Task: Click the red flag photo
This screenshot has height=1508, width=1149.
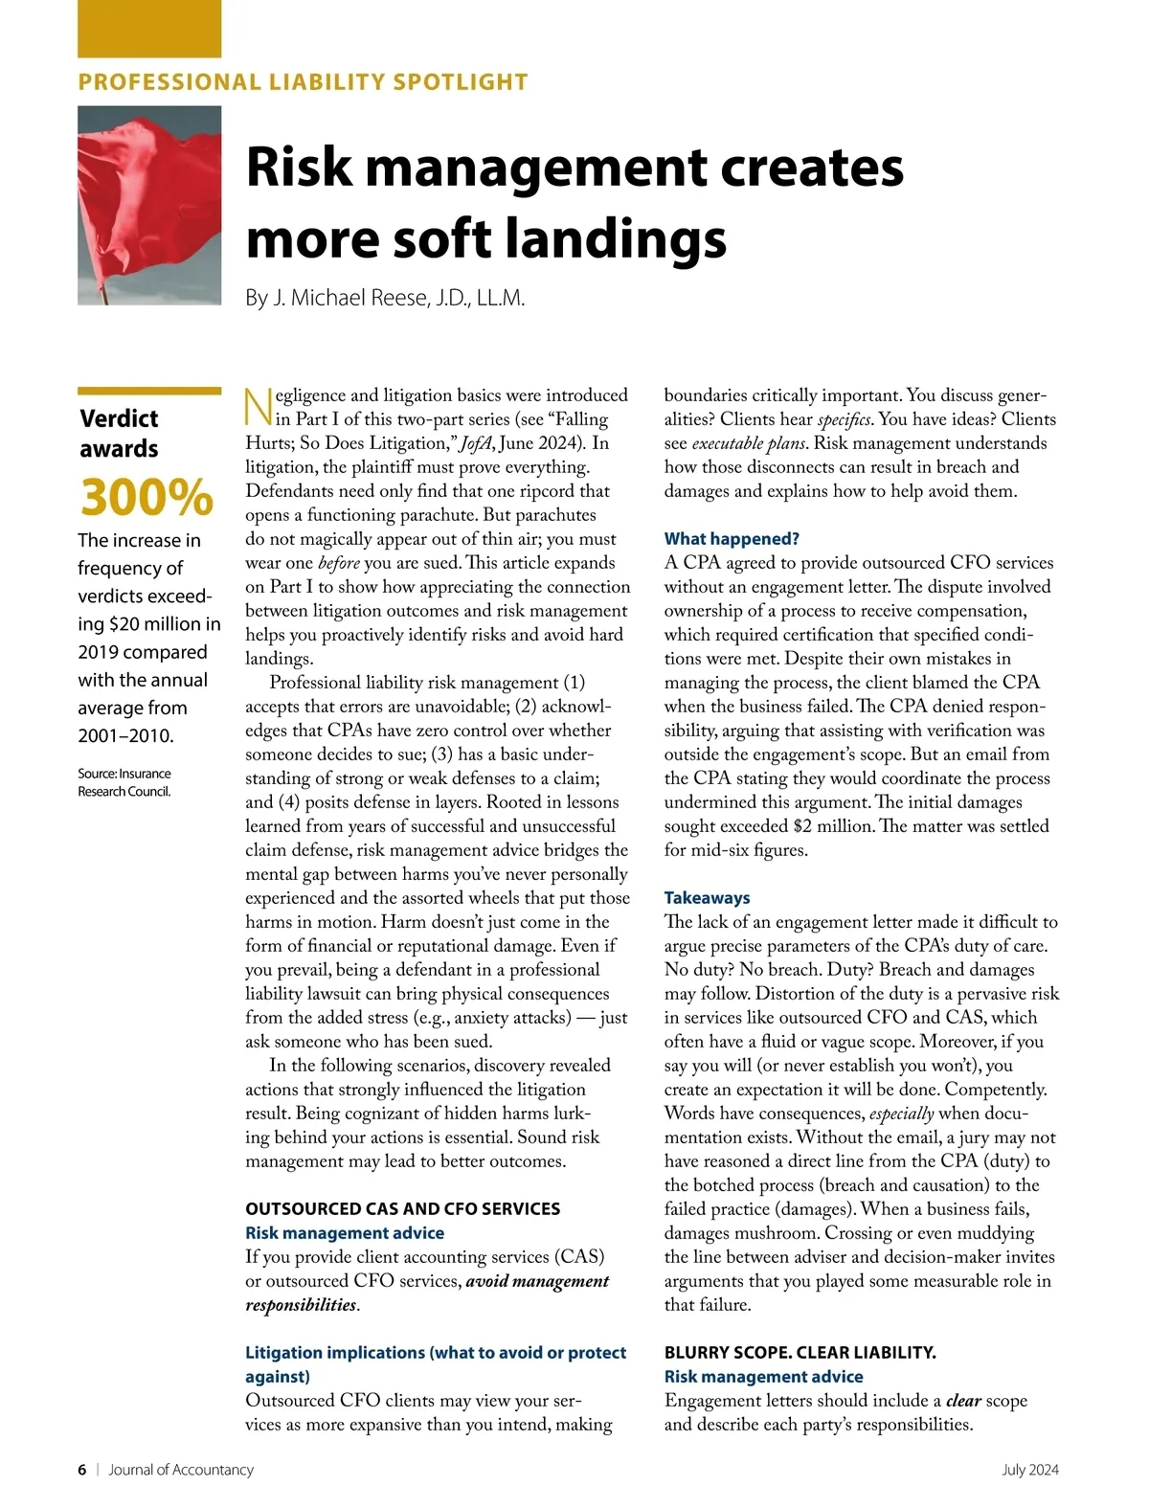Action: click(149, 205)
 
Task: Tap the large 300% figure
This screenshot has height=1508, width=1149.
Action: click(146, 497)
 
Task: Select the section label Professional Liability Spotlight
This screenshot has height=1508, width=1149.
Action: click(303, 82)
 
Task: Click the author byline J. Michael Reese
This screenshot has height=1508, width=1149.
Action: click(385, 298)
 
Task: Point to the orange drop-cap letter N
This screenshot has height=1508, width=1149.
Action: click(259, 406)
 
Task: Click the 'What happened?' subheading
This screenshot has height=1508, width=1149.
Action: click(732, 539)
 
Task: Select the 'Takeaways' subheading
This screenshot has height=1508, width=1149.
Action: click(707, 898)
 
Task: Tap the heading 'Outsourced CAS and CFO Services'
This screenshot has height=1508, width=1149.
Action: click(402, 1209)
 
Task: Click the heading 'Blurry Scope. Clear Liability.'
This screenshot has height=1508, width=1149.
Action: click(800, 1353)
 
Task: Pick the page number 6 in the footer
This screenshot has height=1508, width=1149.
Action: click(82, 1470)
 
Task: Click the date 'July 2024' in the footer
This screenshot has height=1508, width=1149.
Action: click(1030, 1470)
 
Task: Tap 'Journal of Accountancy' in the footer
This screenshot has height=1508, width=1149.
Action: click(181, 1470)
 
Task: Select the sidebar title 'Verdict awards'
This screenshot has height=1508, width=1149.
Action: click(120, 433)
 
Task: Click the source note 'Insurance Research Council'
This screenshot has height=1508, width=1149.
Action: click(124, 782)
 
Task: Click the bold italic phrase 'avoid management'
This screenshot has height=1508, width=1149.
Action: click(537, 1281)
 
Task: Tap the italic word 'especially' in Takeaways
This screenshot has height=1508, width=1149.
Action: click(901, 1114)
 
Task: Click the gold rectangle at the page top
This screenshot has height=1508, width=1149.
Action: click(149, 29)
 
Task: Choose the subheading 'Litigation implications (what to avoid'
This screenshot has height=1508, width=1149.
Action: click(436, 1353)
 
